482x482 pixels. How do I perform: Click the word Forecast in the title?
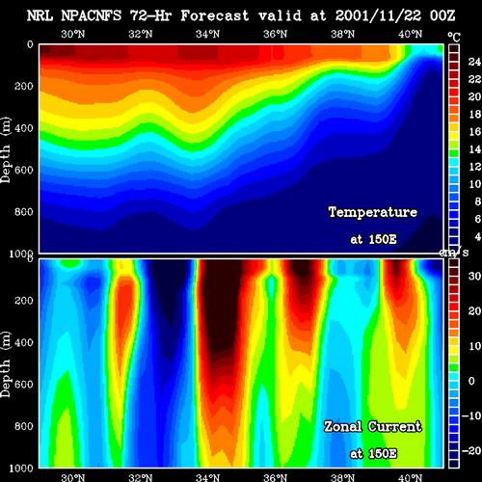[215, 15]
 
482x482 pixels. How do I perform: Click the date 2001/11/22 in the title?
[378, 15]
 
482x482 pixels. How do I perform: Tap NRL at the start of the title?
[40, 15]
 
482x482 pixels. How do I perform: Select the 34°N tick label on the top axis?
[207, 34]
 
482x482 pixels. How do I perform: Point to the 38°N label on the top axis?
[342, 34]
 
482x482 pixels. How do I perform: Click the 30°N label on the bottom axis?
[73, 477]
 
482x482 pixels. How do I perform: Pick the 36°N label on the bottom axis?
[276, 477]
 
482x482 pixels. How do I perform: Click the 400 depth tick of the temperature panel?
[24, 128]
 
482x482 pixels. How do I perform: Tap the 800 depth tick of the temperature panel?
[24, 212]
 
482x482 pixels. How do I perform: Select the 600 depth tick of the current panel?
[24, 385]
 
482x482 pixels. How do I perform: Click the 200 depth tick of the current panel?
[24, 301]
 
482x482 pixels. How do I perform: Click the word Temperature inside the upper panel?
[373, 212]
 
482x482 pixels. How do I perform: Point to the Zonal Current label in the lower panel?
[372, 427]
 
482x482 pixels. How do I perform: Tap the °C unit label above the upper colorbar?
[454, 38]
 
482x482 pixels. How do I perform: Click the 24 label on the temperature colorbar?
[474, 62]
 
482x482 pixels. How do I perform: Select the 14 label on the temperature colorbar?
[474, 148]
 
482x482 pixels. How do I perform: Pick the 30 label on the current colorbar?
[474, 276]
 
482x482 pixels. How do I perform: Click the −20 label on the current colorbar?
[471, 450]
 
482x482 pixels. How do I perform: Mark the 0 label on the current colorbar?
[471, 381]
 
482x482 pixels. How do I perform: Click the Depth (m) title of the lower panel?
[6, 364]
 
